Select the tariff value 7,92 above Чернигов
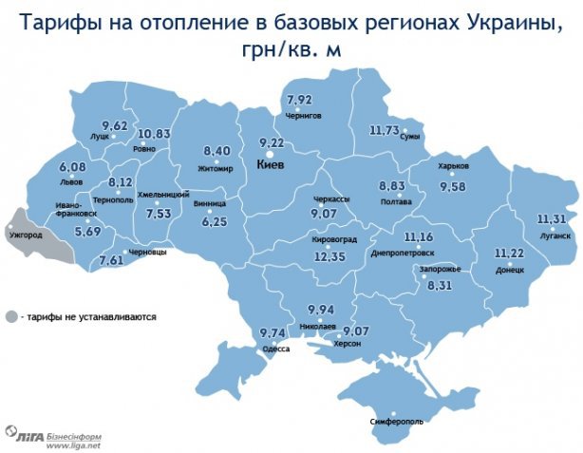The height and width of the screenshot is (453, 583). (300, 100)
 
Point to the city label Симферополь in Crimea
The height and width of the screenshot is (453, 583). (390, 420)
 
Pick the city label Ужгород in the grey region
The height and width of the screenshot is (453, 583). (24, 236)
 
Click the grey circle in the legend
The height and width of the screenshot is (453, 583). (11, 316)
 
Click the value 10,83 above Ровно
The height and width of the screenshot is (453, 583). (153, 134)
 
